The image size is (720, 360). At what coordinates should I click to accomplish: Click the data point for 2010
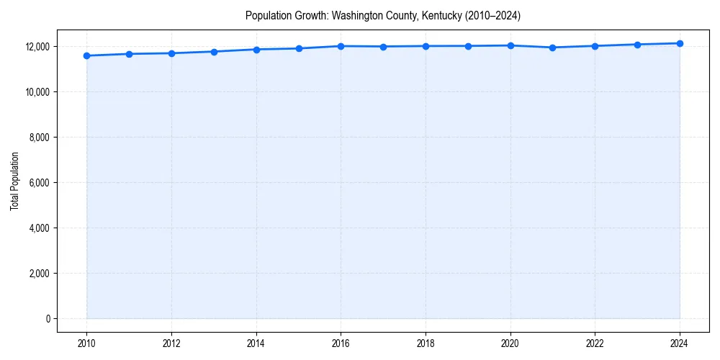click(x=86, y=55)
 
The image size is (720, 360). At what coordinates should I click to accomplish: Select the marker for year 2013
click(x=214, y=52)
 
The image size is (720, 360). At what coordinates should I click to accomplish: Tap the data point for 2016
click(x=341, y=46)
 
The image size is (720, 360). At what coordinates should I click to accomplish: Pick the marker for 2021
click(x=552, y=48)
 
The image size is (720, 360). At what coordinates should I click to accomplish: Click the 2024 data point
click(x=680, y=43)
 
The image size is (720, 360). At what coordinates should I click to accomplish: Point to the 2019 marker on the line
click(x=468, y=46)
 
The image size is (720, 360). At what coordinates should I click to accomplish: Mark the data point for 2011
click(x=129, y=54)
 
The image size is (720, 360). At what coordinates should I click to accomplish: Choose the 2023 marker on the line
click(x=637, y=45)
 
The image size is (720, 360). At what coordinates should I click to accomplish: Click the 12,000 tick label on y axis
click(x=36, y=47)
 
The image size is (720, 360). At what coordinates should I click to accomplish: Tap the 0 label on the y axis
click(x=48, y=319)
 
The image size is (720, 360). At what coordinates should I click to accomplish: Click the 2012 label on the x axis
click(x=171, y=343)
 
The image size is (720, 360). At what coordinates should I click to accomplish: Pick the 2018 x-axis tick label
click(x=426, y=343)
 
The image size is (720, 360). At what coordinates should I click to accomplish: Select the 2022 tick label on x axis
click(x=595, y=343)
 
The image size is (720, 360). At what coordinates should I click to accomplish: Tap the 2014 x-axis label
click(x=256, y=343)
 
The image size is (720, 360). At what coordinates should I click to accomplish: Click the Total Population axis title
click(x=14, y=182)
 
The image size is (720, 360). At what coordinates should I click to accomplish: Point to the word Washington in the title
click(x=356, y=15)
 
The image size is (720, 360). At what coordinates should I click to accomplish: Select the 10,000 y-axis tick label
click(x=36, y=92)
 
